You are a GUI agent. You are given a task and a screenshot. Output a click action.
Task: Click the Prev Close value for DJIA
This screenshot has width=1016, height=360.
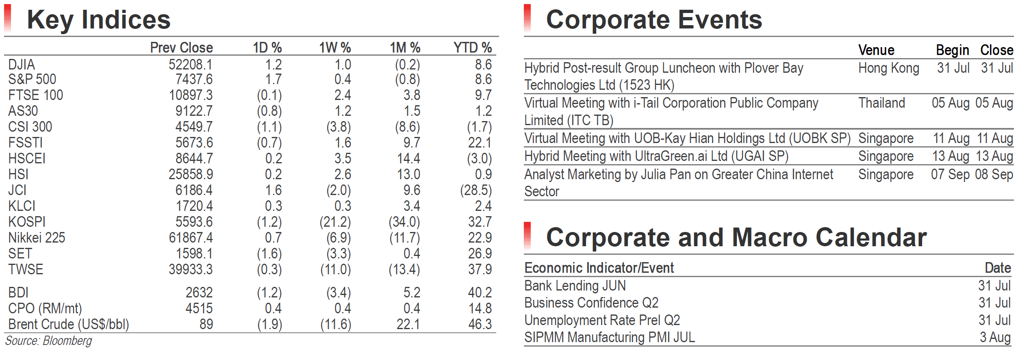[191, 65]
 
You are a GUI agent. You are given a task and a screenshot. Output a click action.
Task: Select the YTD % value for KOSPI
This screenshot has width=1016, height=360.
[480, 222]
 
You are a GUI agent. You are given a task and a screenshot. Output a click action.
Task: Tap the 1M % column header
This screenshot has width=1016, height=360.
[405, 48]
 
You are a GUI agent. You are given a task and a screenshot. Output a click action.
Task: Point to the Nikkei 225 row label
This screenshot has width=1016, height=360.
[37, 238]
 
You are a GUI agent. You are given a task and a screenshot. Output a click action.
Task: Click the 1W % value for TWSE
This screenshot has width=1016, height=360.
[336, 269]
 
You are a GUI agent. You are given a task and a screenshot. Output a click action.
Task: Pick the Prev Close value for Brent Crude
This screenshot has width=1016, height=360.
[206, 324]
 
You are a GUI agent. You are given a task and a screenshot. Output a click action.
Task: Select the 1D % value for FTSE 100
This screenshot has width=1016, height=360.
[269, 95]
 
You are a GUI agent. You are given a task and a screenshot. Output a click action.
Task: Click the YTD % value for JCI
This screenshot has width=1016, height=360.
[476, 190]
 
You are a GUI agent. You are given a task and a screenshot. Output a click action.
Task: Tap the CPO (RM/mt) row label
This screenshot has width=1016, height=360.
[45, 309]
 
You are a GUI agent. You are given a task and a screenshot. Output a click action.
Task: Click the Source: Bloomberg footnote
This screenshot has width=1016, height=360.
[49, 340]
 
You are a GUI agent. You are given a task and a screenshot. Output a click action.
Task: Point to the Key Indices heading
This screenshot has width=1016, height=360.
[99, 20]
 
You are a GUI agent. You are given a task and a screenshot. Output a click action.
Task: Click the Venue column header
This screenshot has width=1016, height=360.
[876, 50]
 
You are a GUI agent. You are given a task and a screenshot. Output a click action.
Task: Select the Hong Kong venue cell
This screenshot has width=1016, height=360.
[889, 68]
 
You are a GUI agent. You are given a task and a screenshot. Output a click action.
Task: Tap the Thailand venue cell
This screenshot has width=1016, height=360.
[881, 103]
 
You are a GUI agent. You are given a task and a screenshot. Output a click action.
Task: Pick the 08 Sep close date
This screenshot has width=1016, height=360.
[994, 174]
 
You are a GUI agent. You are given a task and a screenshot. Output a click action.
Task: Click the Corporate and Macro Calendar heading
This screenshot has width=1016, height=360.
[736, 237]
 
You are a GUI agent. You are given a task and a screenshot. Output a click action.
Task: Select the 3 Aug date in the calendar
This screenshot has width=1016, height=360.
[995, 337]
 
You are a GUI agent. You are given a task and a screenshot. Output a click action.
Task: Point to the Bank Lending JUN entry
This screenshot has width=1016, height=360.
[575, 286]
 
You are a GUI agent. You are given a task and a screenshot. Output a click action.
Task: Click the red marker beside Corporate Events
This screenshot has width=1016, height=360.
[528, 18]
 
